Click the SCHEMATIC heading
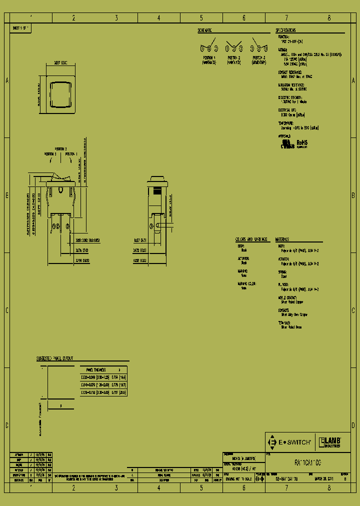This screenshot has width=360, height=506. pos(205,30)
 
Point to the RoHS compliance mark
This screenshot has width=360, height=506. pos(302,143)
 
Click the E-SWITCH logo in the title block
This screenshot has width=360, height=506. pos(290,442)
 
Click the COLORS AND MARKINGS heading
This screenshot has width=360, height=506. pos(251,239)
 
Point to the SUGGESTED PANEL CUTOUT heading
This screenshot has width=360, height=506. pos(55,358)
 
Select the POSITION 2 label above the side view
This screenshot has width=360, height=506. pos(61,148)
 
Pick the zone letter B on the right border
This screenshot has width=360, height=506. pos(353,195)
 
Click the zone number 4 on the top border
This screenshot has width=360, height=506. pos(158,18)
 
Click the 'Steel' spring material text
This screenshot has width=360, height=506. pos(284,276)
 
